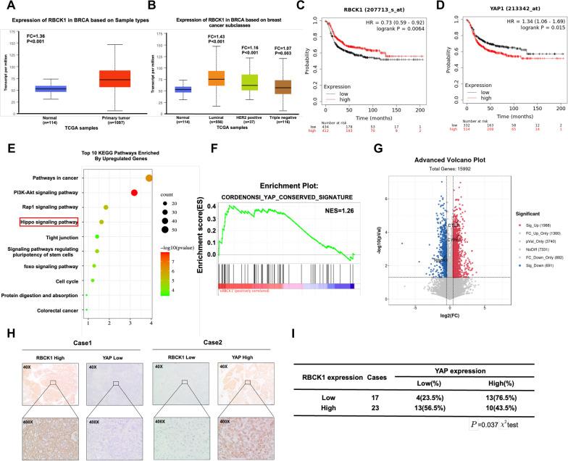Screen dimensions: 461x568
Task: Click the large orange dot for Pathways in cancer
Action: click(x=149, y=178)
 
